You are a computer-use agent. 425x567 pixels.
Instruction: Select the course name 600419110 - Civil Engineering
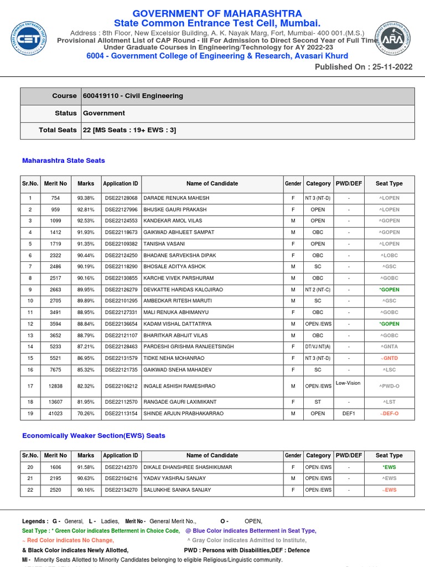pyautogui.click(x=133, y=96)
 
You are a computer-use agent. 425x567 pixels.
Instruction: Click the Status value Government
pyautogui.click(x=104, y=113)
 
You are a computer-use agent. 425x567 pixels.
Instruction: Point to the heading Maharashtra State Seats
pyautogui.click(x=63, y=161)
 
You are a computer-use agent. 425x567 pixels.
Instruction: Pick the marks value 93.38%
pyautogui.click(x=86, y=198)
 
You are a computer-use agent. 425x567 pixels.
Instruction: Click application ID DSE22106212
pyautogui.click(x=120, y=386)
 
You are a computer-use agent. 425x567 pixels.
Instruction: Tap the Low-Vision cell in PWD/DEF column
pyautogui.click(x=348, y=383)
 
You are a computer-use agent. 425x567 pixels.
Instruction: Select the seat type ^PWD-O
pyautogui.click(x=389, y=386)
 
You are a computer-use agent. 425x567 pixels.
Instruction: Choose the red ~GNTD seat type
pyautogui.click(x=389, y=358)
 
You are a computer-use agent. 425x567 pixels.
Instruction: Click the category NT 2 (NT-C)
pyautogui.click(x=318, y=290)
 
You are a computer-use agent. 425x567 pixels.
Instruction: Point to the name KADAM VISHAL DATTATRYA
pyautogui.click(x=177, y=324)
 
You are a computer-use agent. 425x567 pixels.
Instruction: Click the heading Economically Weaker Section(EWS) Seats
pyautogui.click(x=94, y=436)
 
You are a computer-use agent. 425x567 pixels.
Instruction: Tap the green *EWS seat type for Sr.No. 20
pyautogui.click(x=389, y=467)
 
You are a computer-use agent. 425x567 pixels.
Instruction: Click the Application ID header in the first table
pyautogui.click(x=120, y=183)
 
